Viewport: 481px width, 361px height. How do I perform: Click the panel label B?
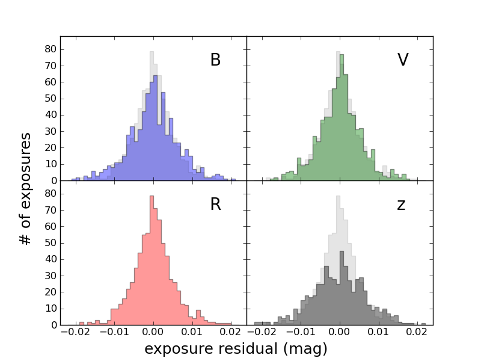click(215, 60)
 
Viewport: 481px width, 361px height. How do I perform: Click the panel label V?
click(403, 60)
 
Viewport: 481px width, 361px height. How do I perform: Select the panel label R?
click(215, 205)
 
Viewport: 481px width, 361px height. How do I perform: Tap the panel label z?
click(401, 205)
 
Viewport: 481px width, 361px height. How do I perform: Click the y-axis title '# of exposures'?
click(25, 188)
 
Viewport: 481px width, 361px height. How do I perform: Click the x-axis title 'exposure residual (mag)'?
click(236, 349)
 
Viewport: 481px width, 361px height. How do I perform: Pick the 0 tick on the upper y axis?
click(52, 180)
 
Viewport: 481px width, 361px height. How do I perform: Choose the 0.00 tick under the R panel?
click(153, 333)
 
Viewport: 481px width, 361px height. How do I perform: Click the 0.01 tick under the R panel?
click(192, 333)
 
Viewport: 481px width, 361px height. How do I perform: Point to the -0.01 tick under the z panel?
click(299, 333)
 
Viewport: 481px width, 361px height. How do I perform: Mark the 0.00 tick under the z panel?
click(339, 333)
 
